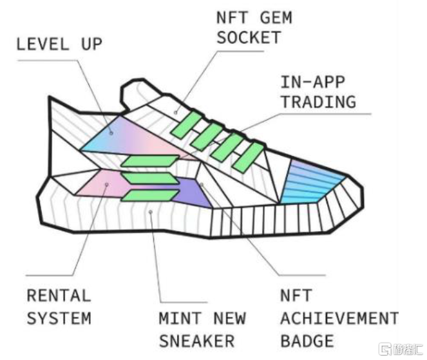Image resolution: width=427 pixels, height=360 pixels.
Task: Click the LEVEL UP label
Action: pos(59,44)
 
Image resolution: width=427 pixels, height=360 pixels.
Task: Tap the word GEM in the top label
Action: pos(276,17)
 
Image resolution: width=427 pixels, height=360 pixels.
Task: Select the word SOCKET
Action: pos(249,37)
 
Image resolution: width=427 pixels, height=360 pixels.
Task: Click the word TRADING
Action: pos(319,102)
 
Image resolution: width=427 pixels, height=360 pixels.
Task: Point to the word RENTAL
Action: pos(59,296)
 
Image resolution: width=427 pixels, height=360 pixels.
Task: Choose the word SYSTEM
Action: pos(59,318)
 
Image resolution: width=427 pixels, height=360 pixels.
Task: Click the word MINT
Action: pos(180,318)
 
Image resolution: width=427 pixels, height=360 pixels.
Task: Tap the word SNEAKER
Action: pos(196,341)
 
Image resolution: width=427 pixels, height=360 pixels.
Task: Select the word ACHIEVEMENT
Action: pos(339,318)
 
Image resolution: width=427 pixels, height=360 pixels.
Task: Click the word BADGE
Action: pos(307,341)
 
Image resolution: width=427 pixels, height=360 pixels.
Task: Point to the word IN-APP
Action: pos(313,82)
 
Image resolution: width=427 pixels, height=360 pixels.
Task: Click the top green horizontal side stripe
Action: pos(150,161)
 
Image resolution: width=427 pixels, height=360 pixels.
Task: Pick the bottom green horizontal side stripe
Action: pos(150,196)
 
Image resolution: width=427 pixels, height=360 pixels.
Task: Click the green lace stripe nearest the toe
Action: pos(249,157)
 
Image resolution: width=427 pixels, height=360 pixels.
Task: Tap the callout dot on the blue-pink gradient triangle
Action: pos(111,133)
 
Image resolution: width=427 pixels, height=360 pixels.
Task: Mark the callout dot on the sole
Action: pos(150,212)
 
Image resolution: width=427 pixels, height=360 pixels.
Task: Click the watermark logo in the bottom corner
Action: pos(401,349)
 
